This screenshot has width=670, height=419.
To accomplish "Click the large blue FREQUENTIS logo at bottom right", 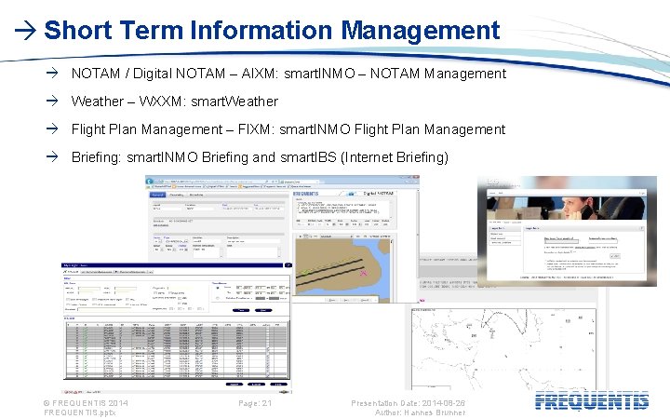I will tap(593, 402).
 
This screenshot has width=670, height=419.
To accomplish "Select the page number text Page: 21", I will tap(254, 402).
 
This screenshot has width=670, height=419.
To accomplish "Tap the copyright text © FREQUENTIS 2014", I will tap(86, 402).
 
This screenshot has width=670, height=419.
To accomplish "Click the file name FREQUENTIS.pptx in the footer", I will tap(80, 412).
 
